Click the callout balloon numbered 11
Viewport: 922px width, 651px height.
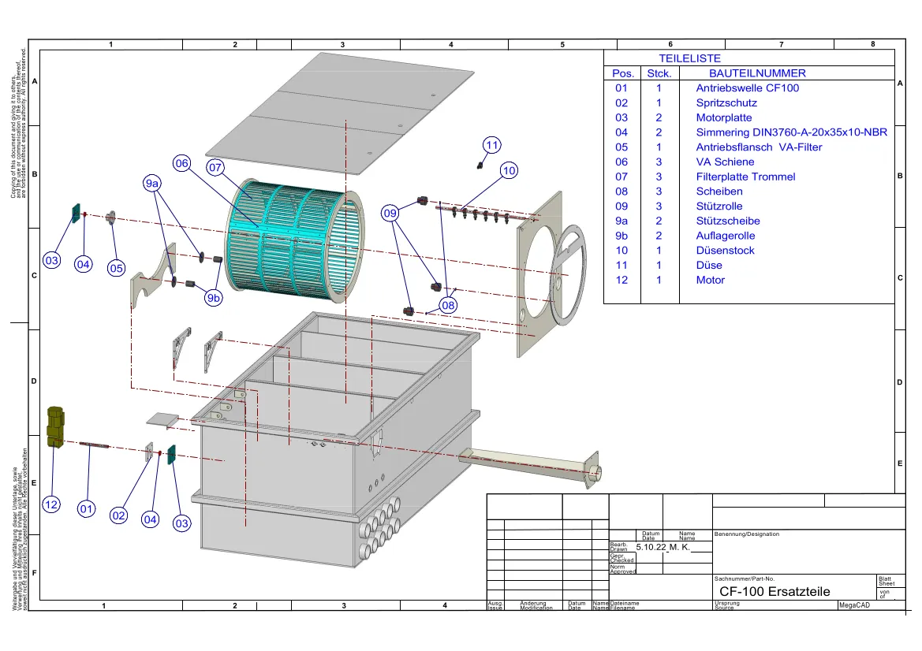[492, 145]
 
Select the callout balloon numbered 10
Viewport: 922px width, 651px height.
[509, 170]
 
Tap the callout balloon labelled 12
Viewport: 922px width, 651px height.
[51, 505]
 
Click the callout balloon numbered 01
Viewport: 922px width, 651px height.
[87, 510]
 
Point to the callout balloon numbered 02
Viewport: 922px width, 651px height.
[118, 515]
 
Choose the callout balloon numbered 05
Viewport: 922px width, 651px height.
[117, 268]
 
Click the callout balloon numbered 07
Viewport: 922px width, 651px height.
[216, 168]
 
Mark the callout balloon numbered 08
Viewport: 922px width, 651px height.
[448, 305]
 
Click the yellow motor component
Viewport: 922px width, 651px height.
[54, 426]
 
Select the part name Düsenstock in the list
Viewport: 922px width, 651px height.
[725, 251]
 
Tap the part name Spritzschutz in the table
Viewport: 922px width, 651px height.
[726, 103]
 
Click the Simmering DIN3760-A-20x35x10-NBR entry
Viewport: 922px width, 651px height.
[791, 132]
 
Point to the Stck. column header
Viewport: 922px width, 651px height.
[659, 73]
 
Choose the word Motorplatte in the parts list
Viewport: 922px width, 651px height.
[724, 117]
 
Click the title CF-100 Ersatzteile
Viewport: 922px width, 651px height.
[775, 591]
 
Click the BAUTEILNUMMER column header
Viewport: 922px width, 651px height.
[752, 73]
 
